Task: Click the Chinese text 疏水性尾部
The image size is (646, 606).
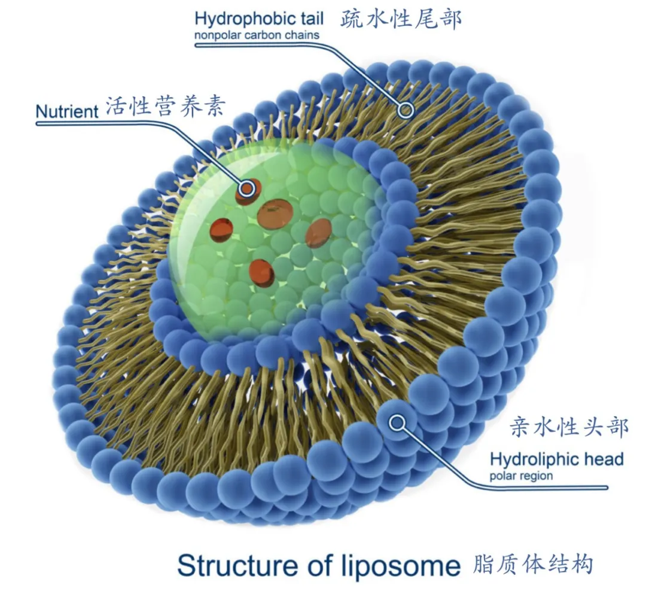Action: click(401, 20)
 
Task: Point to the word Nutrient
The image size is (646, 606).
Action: click(66, 112)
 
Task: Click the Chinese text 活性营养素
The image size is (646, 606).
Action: click(166, 108)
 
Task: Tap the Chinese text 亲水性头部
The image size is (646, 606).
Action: click(568, 427)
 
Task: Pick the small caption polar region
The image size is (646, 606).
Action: click(521, 477)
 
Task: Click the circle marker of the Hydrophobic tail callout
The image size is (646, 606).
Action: click(407, 109)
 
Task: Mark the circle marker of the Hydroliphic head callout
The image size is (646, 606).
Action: click(397, 424)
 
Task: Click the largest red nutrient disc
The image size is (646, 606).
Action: click(275, 214)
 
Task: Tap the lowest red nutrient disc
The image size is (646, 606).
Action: click(262, 273)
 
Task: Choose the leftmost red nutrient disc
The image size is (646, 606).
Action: click(221, 230)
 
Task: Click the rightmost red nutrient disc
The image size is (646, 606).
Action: click(318, 233)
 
